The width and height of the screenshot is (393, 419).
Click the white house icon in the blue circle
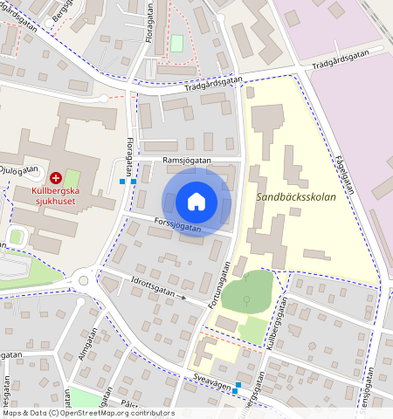point(196,203)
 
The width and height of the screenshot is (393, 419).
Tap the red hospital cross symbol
point(56,177)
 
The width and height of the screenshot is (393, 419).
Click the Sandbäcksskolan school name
point(296,197)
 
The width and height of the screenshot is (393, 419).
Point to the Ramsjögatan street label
point(186,161)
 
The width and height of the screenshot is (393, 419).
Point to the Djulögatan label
point(17,169)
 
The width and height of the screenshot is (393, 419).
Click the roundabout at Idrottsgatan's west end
point(85,281)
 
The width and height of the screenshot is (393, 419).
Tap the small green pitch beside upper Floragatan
point(177,43)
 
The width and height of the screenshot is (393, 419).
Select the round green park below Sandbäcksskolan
point(247,292)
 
